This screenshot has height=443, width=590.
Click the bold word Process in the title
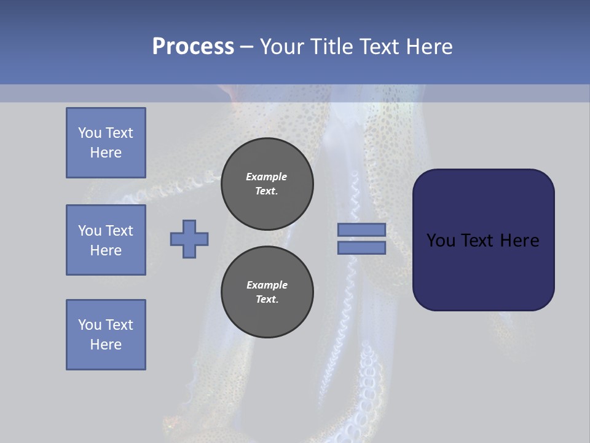pos(193,47)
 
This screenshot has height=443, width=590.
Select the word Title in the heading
pos(333,47)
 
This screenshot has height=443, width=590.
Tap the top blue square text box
pos(106,143)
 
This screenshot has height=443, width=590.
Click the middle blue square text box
pos(106,240)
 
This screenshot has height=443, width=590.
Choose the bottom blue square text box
pos(106,335)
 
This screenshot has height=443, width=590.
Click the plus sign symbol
pos(189,239)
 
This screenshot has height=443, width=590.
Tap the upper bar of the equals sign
pos(361,229)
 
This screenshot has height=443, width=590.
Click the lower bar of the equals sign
pos(361,248)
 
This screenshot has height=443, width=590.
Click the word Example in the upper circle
pos(267,177)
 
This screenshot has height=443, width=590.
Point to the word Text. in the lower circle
pos(267,300)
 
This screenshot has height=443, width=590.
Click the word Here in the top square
pos(106,153)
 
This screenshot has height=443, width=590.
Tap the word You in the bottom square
pos(90,325)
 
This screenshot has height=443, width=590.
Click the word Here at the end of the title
pos(430,47)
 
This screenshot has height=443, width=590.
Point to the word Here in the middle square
pos(106,250)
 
